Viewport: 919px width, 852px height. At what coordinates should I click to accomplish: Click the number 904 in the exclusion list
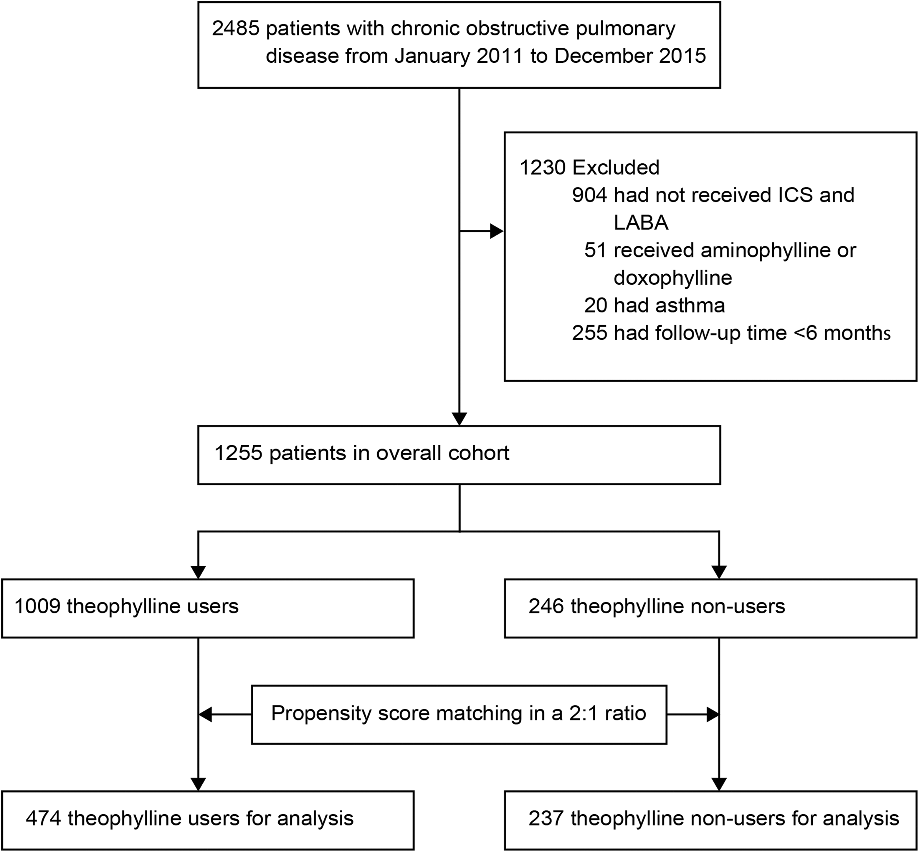[x=589, y=195]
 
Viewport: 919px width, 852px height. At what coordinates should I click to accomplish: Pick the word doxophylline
[x=673, y=278]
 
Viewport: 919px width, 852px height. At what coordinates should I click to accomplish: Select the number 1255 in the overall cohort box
[x=238, y=453]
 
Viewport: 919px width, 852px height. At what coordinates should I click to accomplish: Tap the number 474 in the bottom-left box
[x=43, y=818]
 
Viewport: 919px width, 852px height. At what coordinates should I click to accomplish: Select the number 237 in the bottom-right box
[x=546, y=818]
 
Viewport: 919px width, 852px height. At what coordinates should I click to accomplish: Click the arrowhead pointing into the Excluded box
[x=497, y=231]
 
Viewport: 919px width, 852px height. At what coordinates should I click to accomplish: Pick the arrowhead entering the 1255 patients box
[x=459, y=418]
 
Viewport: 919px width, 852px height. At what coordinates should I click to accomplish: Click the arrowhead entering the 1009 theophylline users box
[x=198, y=572]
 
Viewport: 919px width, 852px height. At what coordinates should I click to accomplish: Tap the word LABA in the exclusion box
[x=641, y=223]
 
